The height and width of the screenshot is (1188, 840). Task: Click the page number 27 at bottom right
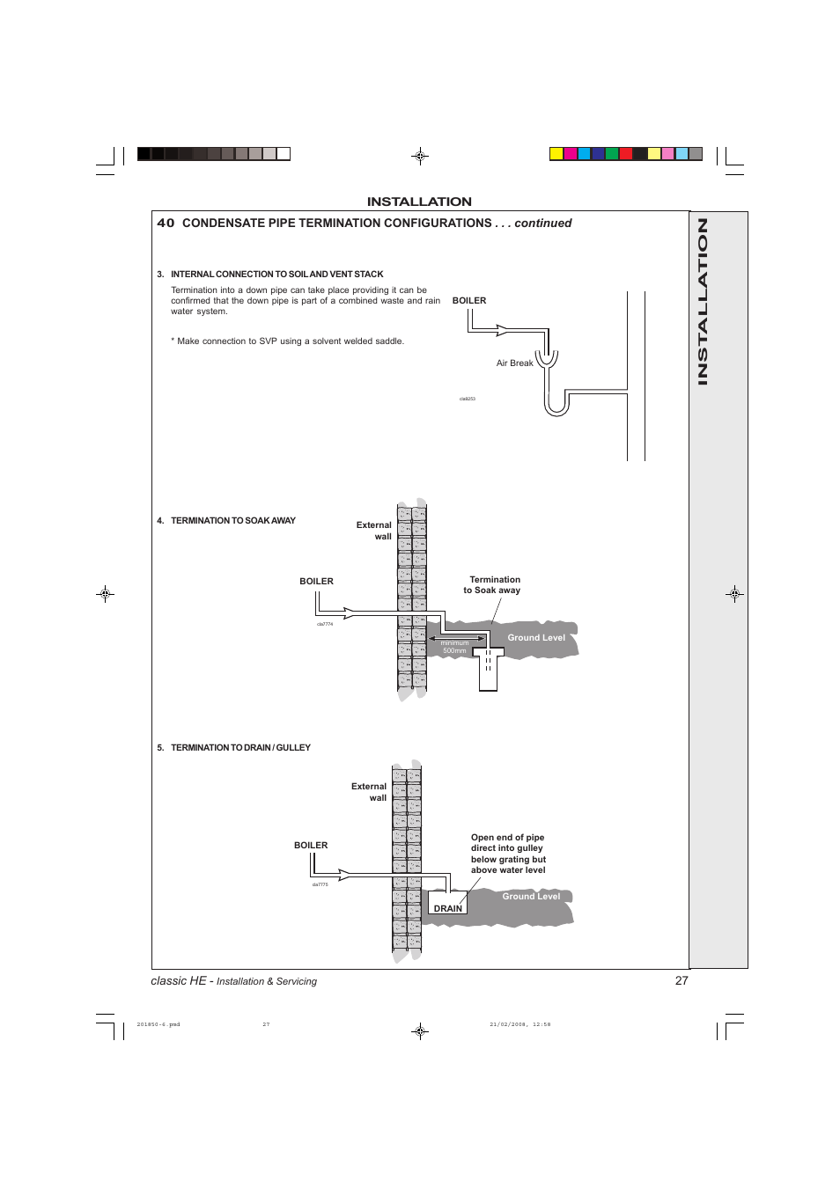pyautogui.click(x=681, y=980)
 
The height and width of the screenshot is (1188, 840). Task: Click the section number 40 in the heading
pyautogui.click(x=166, y=224)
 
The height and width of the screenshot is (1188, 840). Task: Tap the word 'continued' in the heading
pyautogui.click(x=542, y=224)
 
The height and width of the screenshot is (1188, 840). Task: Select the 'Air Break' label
pyautogui.click(x=514, y=363)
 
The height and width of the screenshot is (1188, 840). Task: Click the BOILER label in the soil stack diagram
pyautogui.click(x=468, y=301)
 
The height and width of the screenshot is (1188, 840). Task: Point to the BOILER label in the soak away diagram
pyautogui.click(x=316, y=582)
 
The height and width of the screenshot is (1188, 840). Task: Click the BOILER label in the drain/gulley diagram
pyautogui.click(x=310, y=846)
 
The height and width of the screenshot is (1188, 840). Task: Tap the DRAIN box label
pyautogui.click(x=447, y=908)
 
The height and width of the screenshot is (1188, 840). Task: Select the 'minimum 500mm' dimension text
pyautogui.click(x=454, y=647)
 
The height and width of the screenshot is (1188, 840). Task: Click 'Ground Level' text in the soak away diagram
pyautogui.click(x=535, y=638)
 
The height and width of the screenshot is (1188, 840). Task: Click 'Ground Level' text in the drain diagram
pyautogui.click(x=530, y=897)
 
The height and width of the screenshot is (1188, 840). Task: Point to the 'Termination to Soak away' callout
pyautogui.click(x=493, y=585)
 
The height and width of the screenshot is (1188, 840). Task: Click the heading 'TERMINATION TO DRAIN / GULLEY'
pyautogui.click(x=240, y=748)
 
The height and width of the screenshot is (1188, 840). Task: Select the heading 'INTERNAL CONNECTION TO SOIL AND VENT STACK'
pyautogui.click(x=276, y=275)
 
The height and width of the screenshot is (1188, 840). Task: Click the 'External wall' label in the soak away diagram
pyautogui.click(x=374, y=531)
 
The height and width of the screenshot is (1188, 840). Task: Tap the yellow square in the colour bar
pyautogui.click(x=556, y=154)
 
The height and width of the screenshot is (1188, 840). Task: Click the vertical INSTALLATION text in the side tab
pyautogui.click(x=703, y=301)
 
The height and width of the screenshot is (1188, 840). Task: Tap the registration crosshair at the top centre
pyautogui.click(x=420, y=157)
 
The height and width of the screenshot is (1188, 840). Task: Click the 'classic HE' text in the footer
pyautogui.click(x=179, y=981)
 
